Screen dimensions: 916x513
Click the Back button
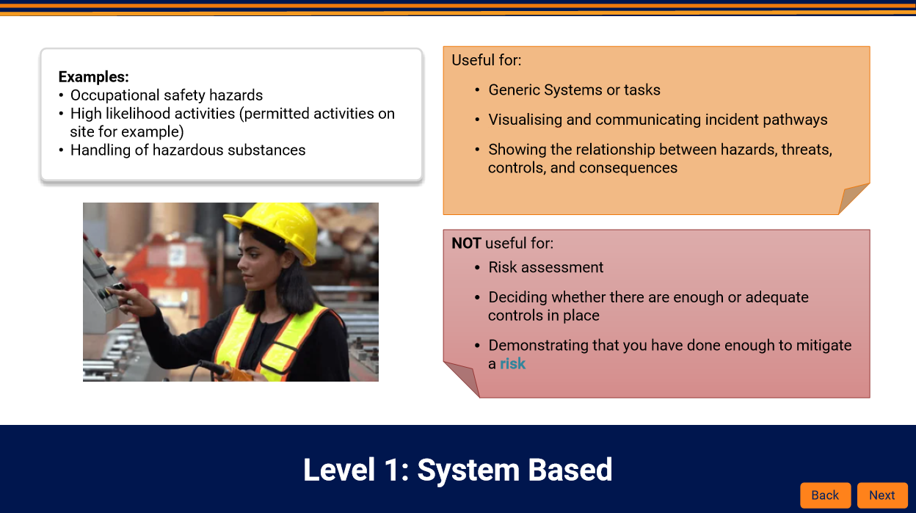(825, 495)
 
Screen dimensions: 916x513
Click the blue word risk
(512, 363)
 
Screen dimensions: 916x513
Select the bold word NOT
(466, 243)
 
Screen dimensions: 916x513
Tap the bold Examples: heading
(94, 77)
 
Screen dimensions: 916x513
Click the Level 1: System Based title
(457, 470)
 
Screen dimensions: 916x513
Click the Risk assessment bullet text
(545, 267)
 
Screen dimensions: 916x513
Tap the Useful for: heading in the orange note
(486, 60)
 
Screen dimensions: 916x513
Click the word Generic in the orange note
(514, 90)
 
